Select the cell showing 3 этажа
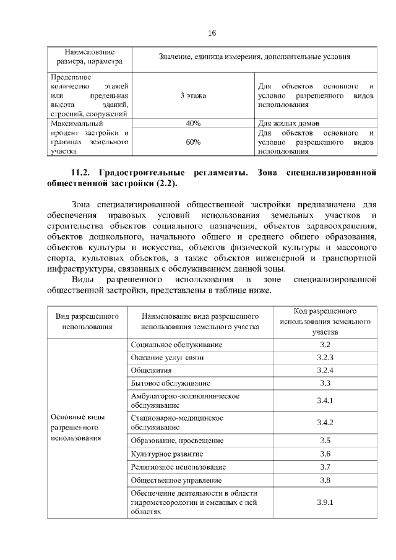193,95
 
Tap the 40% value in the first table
193,123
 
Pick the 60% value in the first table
193,142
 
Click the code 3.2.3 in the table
325,358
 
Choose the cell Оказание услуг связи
167,358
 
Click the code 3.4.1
325,401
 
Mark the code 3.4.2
325,423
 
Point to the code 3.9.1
325,502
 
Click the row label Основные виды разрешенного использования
78,427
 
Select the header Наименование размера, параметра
89,56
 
